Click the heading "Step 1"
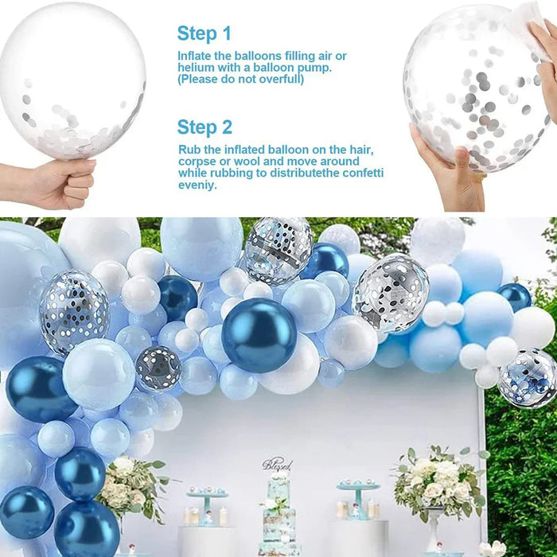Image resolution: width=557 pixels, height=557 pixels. click(204, 33)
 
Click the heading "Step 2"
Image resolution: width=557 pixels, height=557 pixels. click(204, 127)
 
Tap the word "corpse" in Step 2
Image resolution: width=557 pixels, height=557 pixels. click(197, 162)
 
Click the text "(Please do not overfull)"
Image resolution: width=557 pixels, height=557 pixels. click(240, 80)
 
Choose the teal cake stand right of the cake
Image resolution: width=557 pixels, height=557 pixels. click(357, 497)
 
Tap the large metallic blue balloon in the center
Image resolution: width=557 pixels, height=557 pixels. click(259, 335)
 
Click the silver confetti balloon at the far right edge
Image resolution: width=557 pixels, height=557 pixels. click(528, 377)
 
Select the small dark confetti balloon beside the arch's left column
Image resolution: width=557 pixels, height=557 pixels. click(158, 368)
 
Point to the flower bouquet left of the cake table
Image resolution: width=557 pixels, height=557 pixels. click(132, 485)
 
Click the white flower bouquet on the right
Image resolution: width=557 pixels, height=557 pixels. click(436, 481)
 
